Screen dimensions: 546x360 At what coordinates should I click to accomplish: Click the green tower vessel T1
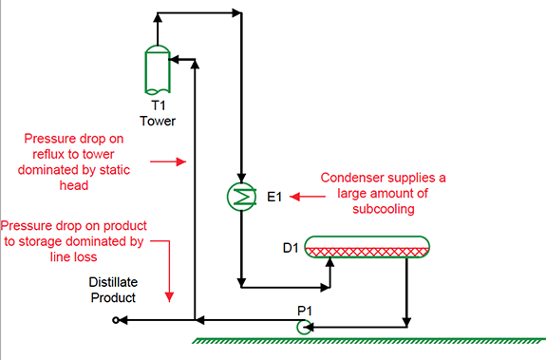tap(158, 69)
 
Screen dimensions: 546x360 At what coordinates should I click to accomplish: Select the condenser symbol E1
tap(241, 197)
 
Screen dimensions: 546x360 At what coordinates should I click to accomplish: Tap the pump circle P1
tap(304, 328)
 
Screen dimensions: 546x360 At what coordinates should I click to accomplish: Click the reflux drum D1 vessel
tap(367, 247)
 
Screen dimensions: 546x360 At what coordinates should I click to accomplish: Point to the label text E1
tap(274, 197)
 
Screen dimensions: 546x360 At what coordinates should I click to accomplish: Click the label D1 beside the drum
tap(291, 248)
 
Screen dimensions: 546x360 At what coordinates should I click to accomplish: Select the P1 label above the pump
tap(305, 311)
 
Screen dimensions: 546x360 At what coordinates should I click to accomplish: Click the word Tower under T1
tap(158, 122)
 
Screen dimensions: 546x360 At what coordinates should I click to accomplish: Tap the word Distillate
tap(113, 282)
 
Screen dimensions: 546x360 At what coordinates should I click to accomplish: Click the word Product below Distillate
tap(113, 297)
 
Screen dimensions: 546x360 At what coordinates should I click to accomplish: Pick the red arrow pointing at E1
tap(308, 197)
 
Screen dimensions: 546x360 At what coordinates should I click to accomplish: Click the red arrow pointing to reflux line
tap(168, 161)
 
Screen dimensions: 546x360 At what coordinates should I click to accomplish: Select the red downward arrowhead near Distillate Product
tap(169, 297)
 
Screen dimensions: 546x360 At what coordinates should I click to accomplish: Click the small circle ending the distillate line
tap(116, 320)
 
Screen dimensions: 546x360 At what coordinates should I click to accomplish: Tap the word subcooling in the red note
tap(384, 209)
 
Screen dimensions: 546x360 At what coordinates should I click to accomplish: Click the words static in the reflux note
tap(115, 170)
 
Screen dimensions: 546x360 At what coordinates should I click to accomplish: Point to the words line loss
tap(73, 257)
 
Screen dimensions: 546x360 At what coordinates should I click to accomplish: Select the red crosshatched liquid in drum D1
tap(367, 252)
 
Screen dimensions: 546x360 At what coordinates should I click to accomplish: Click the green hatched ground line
tap(368, 340)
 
